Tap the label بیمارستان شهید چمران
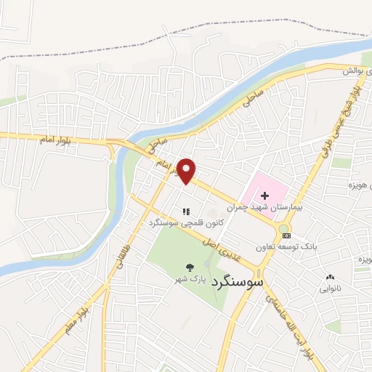[258, 208]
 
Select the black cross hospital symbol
[264, 195]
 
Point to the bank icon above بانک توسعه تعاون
[286, 235]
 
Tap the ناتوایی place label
[330, 288]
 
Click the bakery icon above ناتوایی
[331, 277]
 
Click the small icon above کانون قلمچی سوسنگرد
[186, 211]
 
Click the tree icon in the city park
[190, 267]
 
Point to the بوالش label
[352, 71]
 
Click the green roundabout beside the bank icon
[283, 230]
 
